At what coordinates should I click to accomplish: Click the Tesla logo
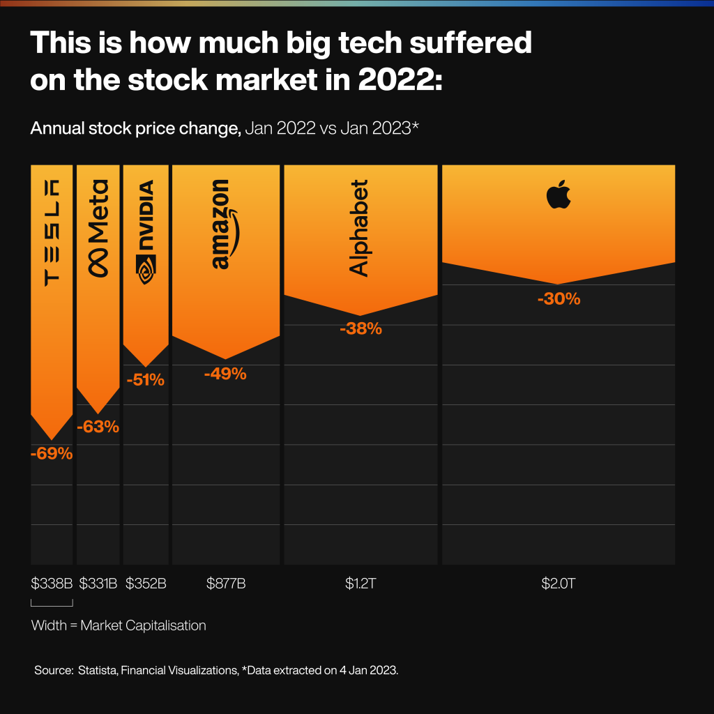52,232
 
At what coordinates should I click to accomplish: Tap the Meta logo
98,229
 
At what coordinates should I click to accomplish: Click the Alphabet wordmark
358,228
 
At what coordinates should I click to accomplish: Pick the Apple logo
559,194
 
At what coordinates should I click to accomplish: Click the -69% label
52,454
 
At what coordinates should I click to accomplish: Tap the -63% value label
98,427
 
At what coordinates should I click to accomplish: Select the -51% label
145,380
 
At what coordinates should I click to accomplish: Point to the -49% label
225,374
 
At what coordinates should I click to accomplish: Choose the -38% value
360,328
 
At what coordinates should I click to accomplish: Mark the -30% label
559,299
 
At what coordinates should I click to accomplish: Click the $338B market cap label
52,584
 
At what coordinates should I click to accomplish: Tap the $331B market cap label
98,584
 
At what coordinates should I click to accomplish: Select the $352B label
146,584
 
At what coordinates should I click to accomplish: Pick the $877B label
225,584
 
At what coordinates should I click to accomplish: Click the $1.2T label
360,584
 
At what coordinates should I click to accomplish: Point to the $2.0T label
559,584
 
